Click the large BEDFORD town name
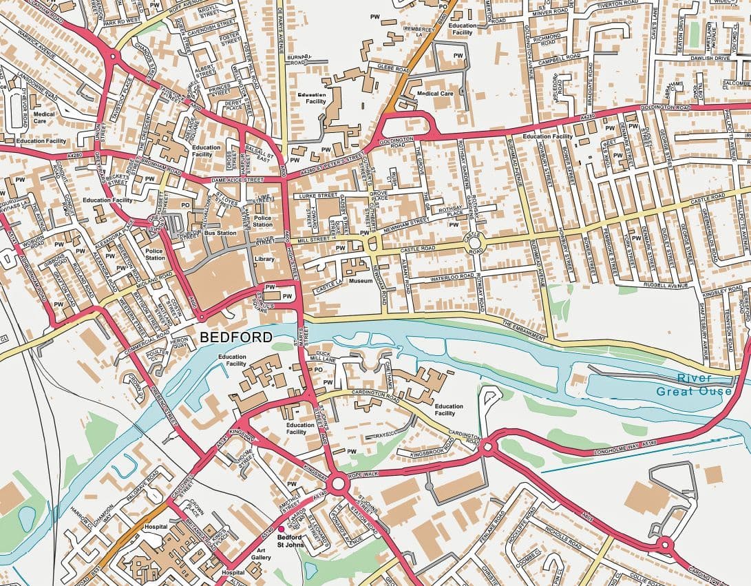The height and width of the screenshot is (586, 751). (x=235, y=337)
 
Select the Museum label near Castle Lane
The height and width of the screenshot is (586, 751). (x=361, y=281)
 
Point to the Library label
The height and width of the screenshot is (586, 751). (x=264, y=260)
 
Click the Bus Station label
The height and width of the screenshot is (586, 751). (x=220, y=233)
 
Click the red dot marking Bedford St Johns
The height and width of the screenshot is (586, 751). (x=281, y=529)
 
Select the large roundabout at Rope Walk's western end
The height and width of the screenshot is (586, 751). (x=337, y=483)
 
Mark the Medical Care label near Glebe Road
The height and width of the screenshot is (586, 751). (x=435, y=93)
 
